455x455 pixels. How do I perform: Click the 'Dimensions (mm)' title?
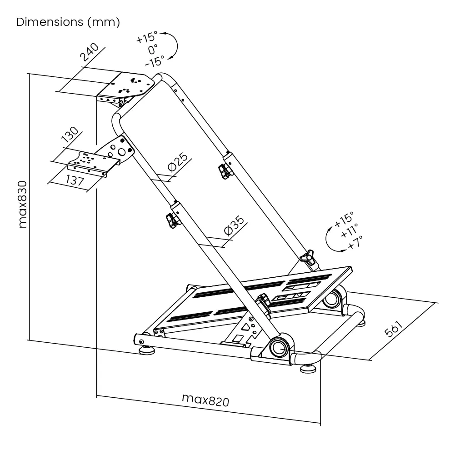68,22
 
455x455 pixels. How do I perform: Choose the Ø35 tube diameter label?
235,225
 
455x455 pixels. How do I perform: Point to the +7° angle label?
355,241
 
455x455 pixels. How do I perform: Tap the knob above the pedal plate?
308,258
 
